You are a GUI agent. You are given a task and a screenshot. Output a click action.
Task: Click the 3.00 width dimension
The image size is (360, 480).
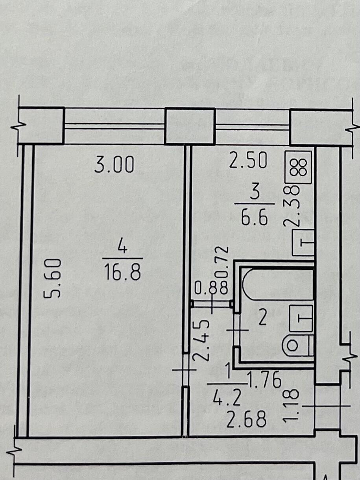[114, 165]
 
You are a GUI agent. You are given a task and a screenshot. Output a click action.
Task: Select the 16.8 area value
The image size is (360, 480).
[122, 272]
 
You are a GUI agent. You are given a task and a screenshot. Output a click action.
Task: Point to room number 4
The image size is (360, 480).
[122, 248]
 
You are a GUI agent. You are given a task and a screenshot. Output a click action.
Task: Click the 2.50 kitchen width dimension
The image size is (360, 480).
[248, 160]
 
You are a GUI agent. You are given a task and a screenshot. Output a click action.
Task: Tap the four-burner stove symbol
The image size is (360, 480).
[298, 167]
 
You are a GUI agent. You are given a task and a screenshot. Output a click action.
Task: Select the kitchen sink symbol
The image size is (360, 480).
[303, 243]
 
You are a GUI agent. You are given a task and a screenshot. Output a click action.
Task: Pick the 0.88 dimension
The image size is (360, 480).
[211, 288]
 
